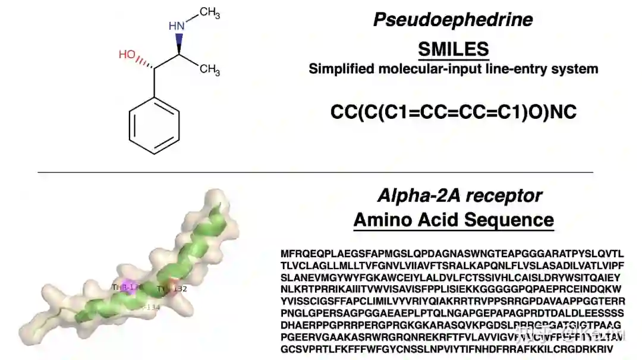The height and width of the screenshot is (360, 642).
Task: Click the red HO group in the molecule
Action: [127, 55]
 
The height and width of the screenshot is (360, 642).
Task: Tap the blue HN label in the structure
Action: [177, 26]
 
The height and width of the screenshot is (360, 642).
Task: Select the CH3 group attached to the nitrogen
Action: [209, 14]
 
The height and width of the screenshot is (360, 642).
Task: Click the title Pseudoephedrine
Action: [452, 20]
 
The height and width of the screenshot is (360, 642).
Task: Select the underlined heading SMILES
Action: [453, 48]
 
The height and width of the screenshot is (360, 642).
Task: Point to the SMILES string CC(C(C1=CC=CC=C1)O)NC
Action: [453, 112]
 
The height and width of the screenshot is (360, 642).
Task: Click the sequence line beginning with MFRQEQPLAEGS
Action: [452, 254]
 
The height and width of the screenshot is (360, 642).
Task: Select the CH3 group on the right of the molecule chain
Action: [209, 70]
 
